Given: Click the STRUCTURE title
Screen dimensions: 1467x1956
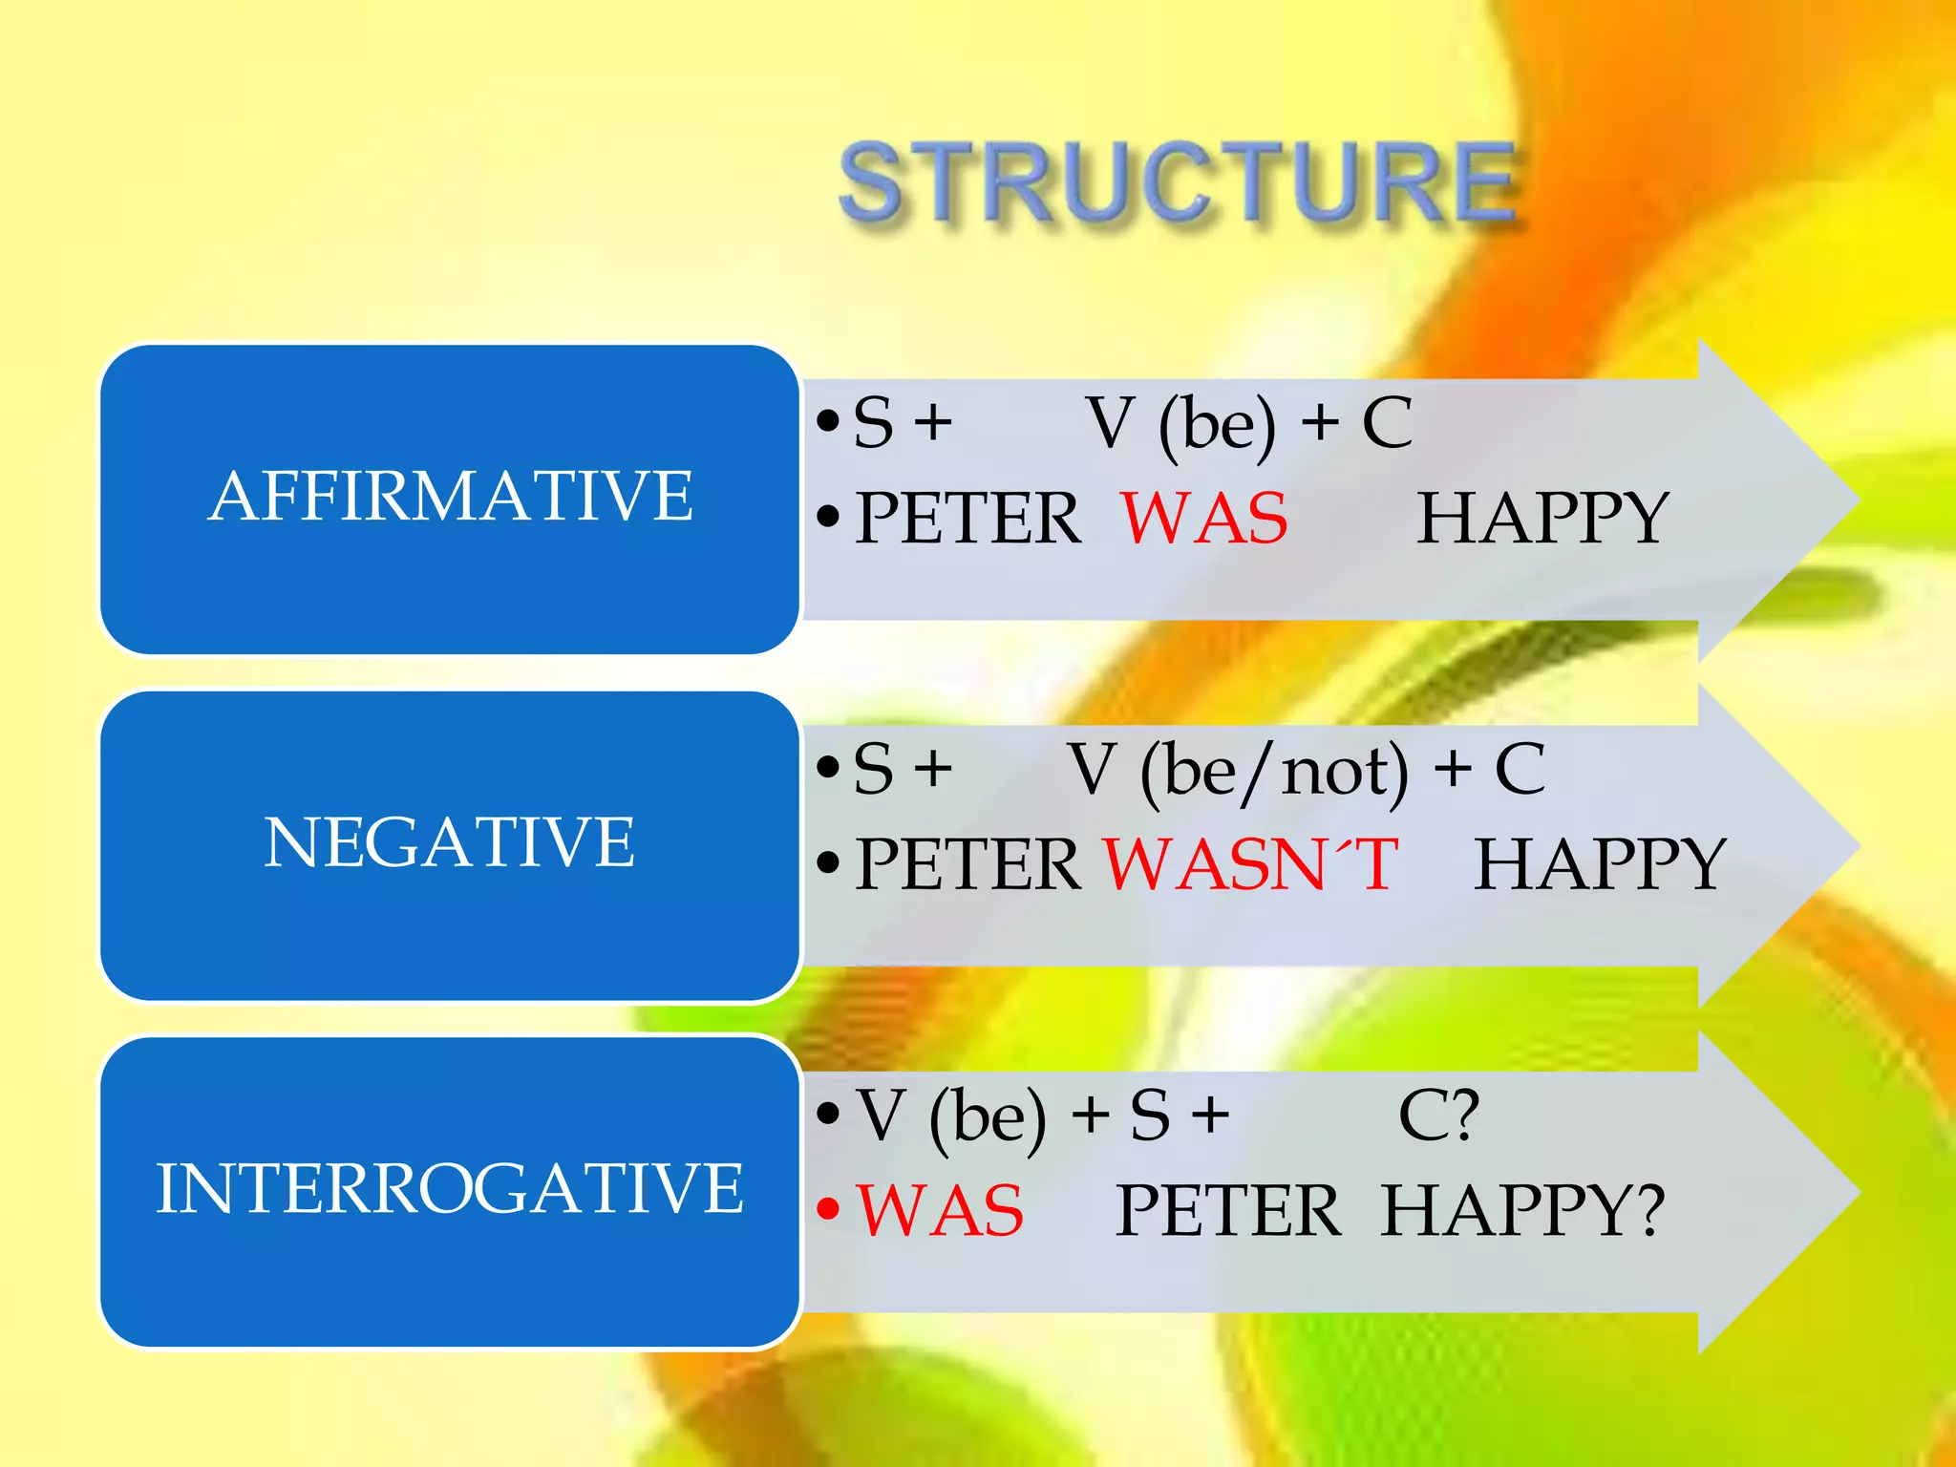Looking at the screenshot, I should pyautogui.click(x=1177, y=183).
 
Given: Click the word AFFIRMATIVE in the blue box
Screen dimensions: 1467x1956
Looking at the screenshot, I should pyautogui.click(x=450, y=497).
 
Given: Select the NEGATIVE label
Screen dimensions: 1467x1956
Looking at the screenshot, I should pyautogui.click(x=449, y=842).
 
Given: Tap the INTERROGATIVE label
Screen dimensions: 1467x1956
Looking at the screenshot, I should pyautogui.click(x=449, y=1189).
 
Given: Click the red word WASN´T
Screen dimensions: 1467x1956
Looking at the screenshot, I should pyautogui.click(x=1251, y=864).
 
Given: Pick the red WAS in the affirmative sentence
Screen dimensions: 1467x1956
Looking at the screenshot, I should pyautogui.click(x=1204, y=519).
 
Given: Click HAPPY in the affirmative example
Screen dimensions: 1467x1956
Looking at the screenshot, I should pyautogui.click(x=1541, y=519).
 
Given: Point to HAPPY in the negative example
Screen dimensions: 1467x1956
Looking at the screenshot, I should pyautogui.click(x=1600, y=864).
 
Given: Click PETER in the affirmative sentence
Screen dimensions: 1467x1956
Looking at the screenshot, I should pyautogui.click(x=967, y=519).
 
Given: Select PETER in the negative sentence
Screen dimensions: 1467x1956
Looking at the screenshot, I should pyautogui.click(x=967, y=864).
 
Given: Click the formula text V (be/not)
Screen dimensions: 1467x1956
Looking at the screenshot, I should pyautogui.click(x=1238, y=771).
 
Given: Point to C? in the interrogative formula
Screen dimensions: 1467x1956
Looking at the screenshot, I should pyautogui.click(x=1438, y=1116).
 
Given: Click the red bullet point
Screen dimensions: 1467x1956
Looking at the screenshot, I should pyautogui.click(x=828, y=1210).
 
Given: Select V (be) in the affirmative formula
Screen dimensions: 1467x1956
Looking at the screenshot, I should pyautogui.click(x=1180, y=424).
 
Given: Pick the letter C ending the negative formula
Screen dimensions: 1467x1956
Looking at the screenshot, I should pyautogui.click(x=1520, y=769).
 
